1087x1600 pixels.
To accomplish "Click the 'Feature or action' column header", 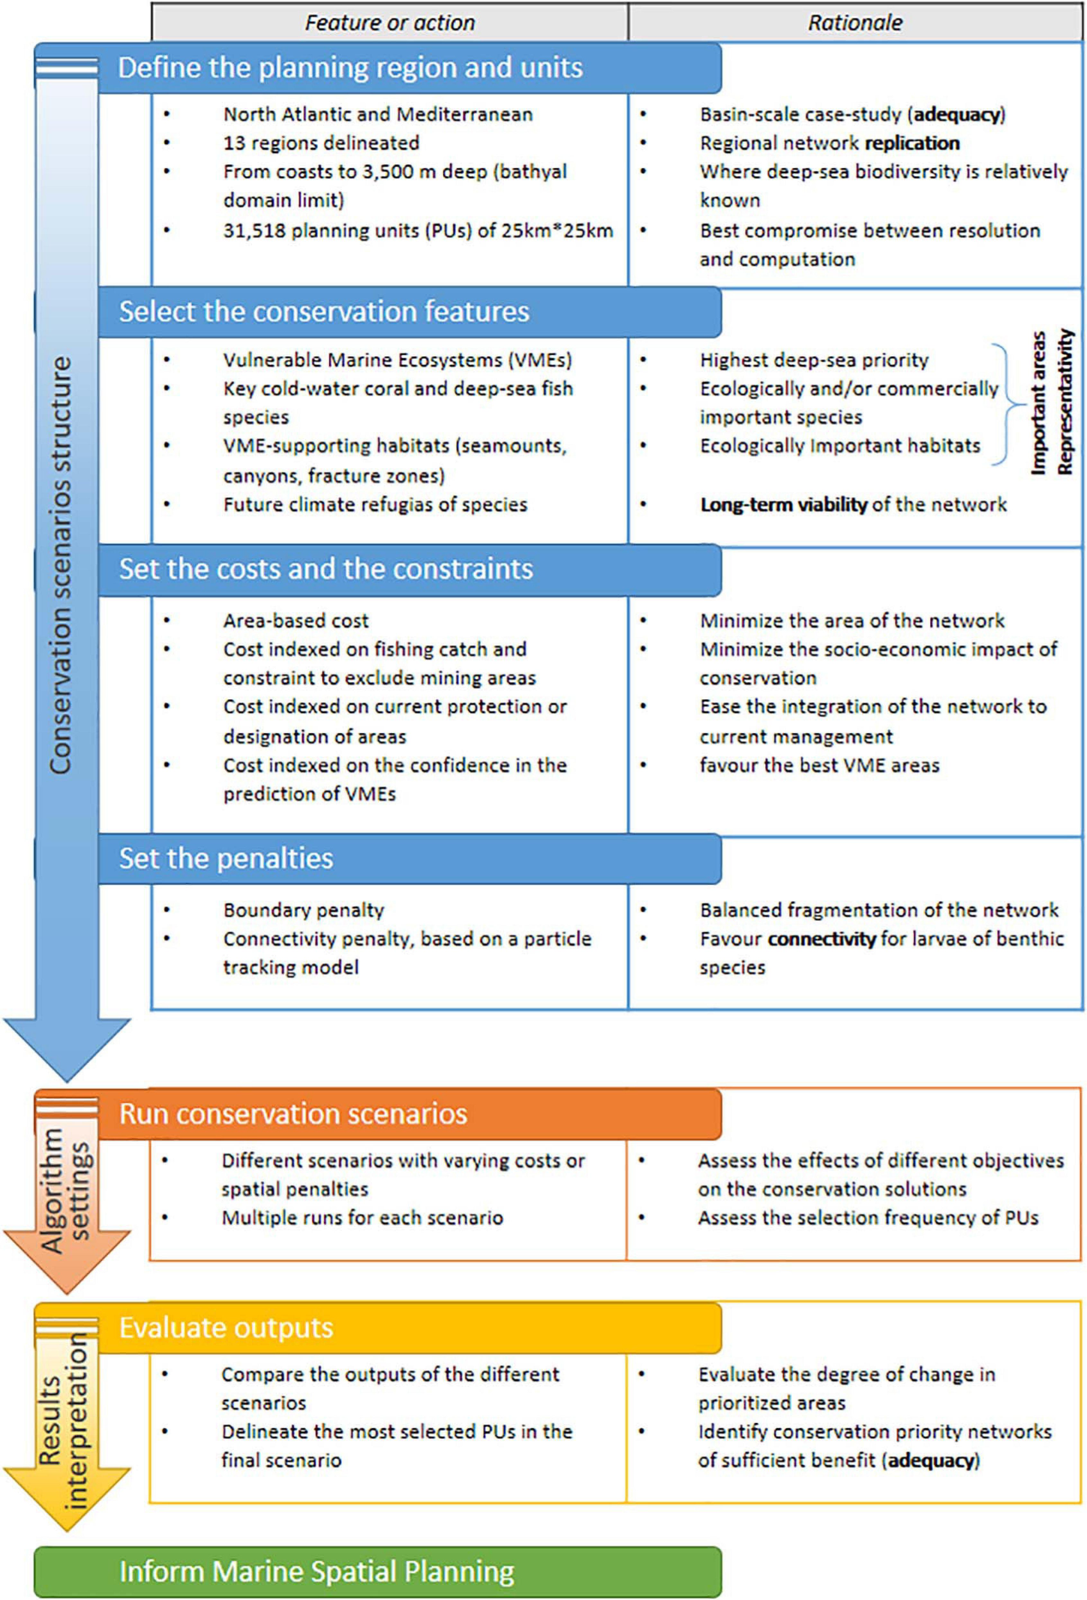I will tap(389, 22).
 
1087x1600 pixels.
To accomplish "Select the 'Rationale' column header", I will tap(854, 22).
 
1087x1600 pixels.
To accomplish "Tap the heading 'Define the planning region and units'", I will tap(350, 67).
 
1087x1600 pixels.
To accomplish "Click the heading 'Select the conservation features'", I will tap(324, 311).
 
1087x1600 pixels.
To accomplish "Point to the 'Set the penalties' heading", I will tap(226, 858).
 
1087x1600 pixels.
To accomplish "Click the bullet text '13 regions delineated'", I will tap(320, 143).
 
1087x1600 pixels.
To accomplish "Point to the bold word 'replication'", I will tap(912, 143).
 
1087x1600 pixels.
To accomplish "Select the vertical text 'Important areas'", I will tap(1038, 403).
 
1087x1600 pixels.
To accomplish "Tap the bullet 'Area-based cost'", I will tap(296, 621).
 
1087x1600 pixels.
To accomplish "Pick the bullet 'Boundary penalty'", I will tap(303, 910).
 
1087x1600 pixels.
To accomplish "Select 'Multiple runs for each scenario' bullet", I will tap(362, 1217).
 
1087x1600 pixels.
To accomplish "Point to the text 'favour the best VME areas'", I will tap(818, 765).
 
